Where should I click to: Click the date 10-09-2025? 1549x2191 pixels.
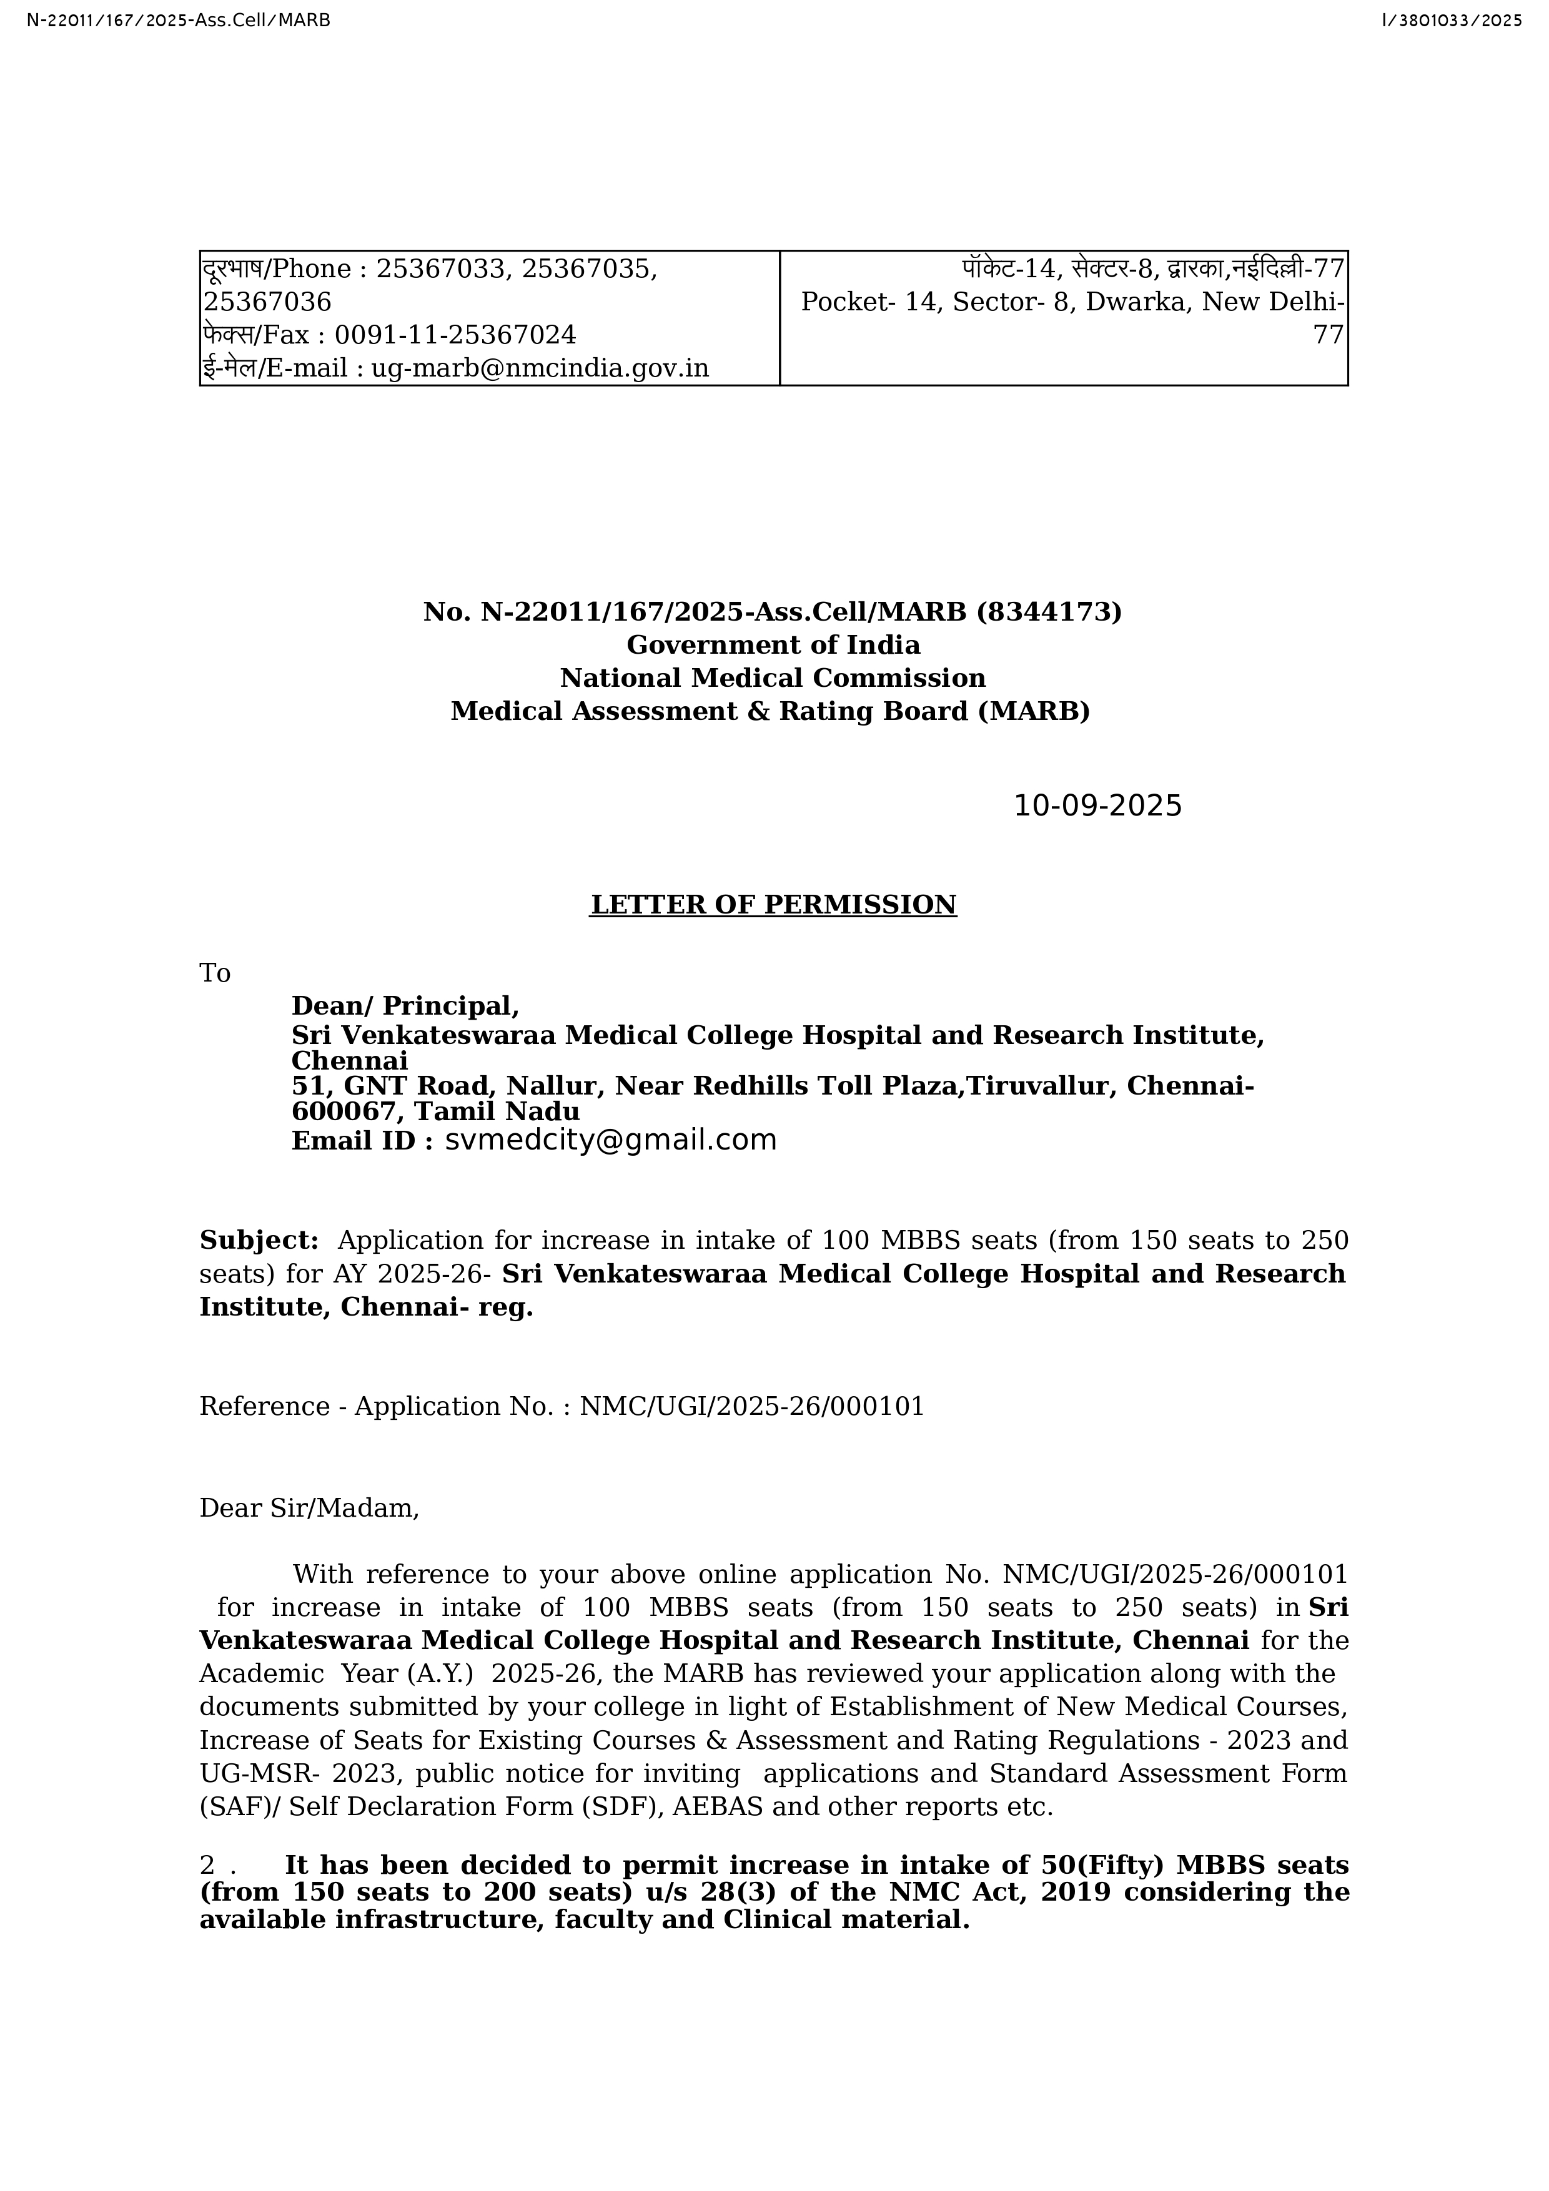[x=1097, y=806]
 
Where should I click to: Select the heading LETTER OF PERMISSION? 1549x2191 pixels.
[x=773, y=905]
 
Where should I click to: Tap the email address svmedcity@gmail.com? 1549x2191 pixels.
[x=611, y=1140]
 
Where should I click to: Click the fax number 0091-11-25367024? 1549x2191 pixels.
[x=455, y=335]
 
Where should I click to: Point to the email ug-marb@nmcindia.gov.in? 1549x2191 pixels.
[x=539, y=368]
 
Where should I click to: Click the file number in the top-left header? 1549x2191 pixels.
[x=179, y=19]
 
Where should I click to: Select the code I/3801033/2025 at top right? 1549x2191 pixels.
[x=1451, y=19]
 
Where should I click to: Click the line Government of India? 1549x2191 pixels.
[x=773, y=645]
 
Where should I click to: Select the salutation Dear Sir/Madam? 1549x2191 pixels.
[x=309, y=1509]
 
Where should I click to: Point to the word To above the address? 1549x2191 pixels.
[x=215, y=973]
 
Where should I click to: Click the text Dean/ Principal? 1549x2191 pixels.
[x=405, y=1006]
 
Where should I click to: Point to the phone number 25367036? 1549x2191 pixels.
[x=267, y=302]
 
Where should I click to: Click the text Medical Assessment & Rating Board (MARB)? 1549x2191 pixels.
[x=770, y=711]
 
